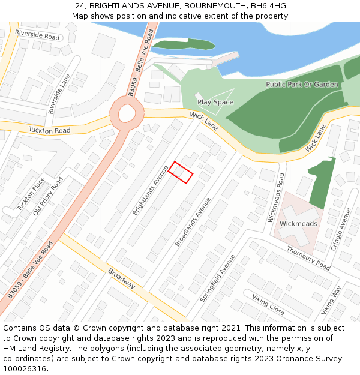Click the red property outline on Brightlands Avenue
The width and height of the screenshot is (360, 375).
click(181, 172)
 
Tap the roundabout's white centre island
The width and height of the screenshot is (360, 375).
click(127, 112)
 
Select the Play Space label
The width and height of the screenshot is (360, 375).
click(215, 102)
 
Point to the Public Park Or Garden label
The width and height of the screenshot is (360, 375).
click(302, 85)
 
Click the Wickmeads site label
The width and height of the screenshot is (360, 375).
click(298, 224)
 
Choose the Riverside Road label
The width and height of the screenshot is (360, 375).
click(37, 35)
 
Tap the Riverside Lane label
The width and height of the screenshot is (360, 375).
click(59, 94)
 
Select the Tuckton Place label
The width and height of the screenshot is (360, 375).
click(31, 193)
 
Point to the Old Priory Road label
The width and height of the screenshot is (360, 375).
click(48, 196)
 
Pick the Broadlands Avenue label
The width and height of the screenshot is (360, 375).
click(193, 221)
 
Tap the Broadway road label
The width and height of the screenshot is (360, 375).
click(122, 278)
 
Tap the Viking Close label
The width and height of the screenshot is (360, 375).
click(268, 305)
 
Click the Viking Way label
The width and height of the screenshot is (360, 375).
click(331, 300)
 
